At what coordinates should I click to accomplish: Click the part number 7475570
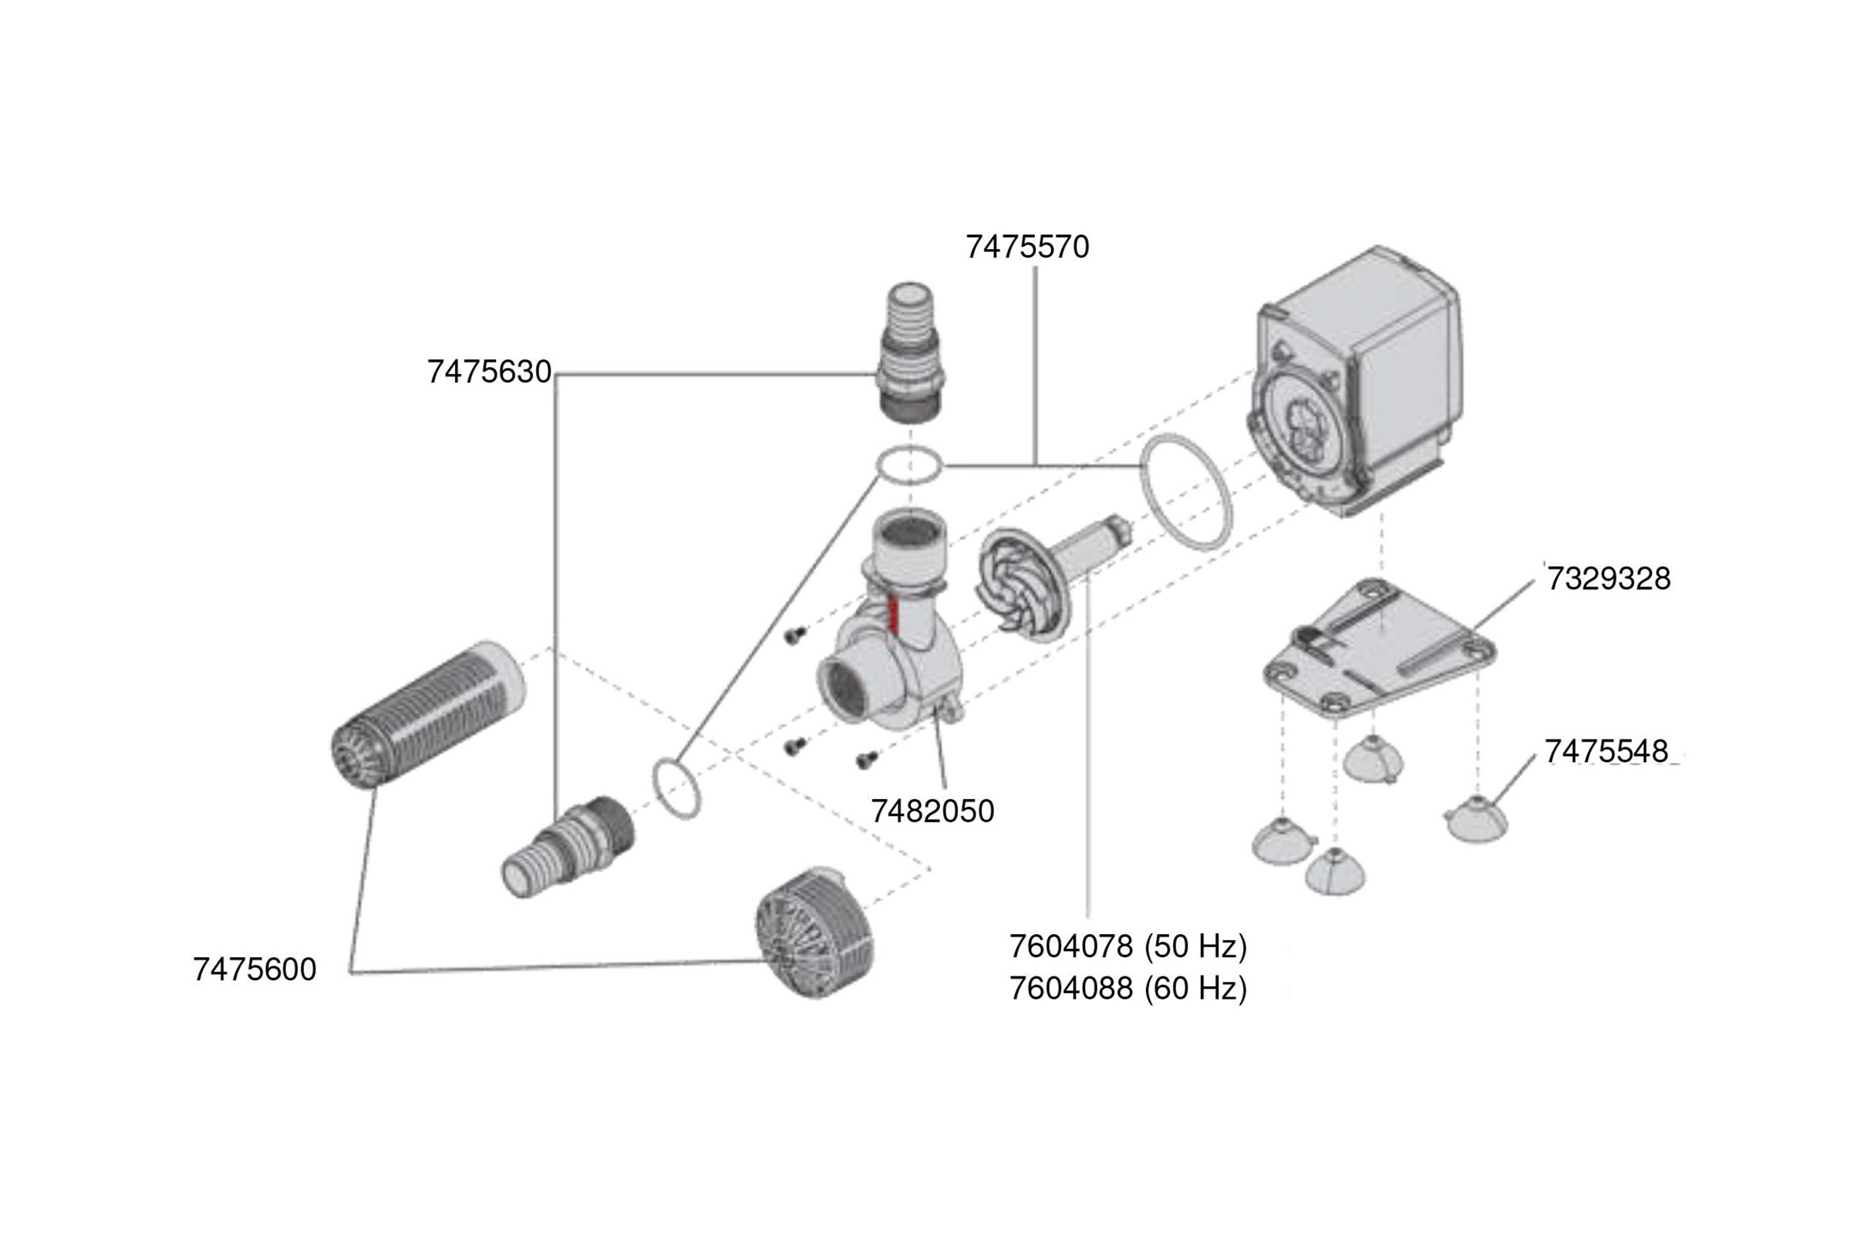1027,247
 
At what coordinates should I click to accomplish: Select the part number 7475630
489,372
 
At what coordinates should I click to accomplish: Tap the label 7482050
932,811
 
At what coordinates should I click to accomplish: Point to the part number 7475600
255,969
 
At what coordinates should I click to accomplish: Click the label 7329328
1609,578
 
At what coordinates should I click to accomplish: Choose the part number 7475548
1607,750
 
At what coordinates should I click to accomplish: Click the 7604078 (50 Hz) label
1128,946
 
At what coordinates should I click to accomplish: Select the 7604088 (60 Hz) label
1128,988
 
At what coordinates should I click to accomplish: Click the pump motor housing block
1361,378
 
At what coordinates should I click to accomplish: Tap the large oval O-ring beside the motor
1186,492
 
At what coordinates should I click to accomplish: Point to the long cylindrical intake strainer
429,712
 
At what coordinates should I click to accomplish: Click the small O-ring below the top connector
910,464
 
